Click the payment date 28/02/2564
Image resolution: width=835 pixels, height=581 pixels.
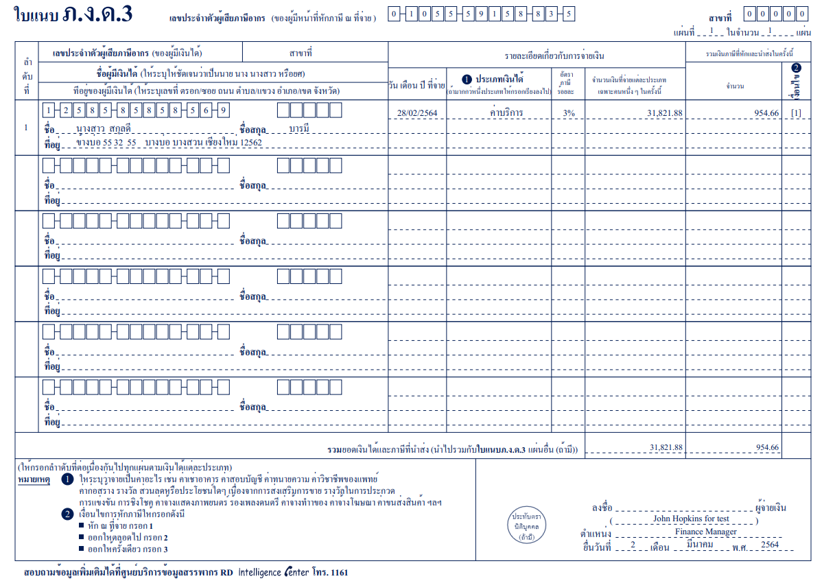417,113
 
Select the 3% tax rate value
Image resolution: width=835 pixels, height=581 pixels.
568,113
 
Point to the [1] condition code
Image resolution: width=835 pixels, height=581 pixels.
796,113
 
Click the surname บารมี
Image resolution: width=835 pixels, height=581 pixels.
299,128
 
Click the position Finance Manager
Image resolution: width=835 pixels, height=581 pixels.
705,531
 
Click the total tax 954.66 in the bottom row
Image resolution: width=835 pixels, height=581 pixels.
767,447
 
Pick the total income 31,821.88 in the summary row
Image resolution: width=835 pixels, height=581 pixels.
666,447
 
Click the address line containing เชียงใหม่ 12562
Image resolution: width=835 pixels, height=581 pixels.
169,143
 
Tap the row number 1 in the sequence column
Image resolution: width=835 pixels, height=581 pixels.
26,128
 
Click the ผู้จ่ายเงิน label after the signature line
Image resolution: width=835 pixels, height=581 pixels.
771,508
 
